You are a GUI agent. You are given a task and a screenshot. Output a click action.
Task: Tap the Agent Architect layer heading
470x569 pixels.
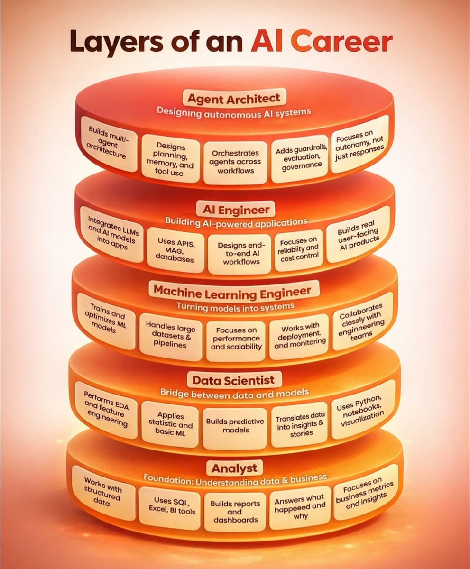click(234, 98)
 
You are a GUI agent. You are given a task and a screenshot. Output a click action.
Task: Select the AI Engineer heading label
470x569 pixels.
click(236, 210)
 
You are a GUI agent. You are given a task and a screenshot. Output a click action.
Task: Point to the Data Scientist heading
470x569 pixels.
click(234, 380)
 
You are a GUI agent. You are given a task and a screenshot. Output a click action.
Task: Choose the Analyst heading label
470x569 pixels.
click(234, 468)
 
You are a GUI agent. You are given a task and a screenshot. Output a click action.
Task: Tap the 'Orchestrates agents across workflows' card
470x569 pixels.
click(235, 162)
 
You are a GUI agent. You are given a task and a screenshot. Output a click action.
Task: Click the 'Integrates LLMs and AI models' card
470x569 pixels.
click(112, 234)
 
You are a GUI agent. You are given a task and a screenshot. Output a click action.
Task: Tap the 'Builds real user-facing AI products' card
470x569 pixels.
click(358, 235)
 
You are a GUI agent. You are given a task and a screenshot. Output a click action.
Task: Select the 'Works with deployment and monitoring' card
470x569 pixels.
click(299, 336)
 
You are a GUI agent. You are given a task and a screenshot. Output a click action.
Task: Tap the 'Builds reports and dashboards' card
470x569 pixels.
click(235, 512)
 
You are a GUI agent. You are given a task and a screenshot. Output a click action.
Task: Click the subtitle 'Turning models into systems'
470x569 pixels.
click(235, 307)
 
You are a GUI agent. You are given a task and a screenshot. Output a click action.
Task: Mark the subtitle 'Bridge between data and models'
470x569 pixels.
click(234, 394)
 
